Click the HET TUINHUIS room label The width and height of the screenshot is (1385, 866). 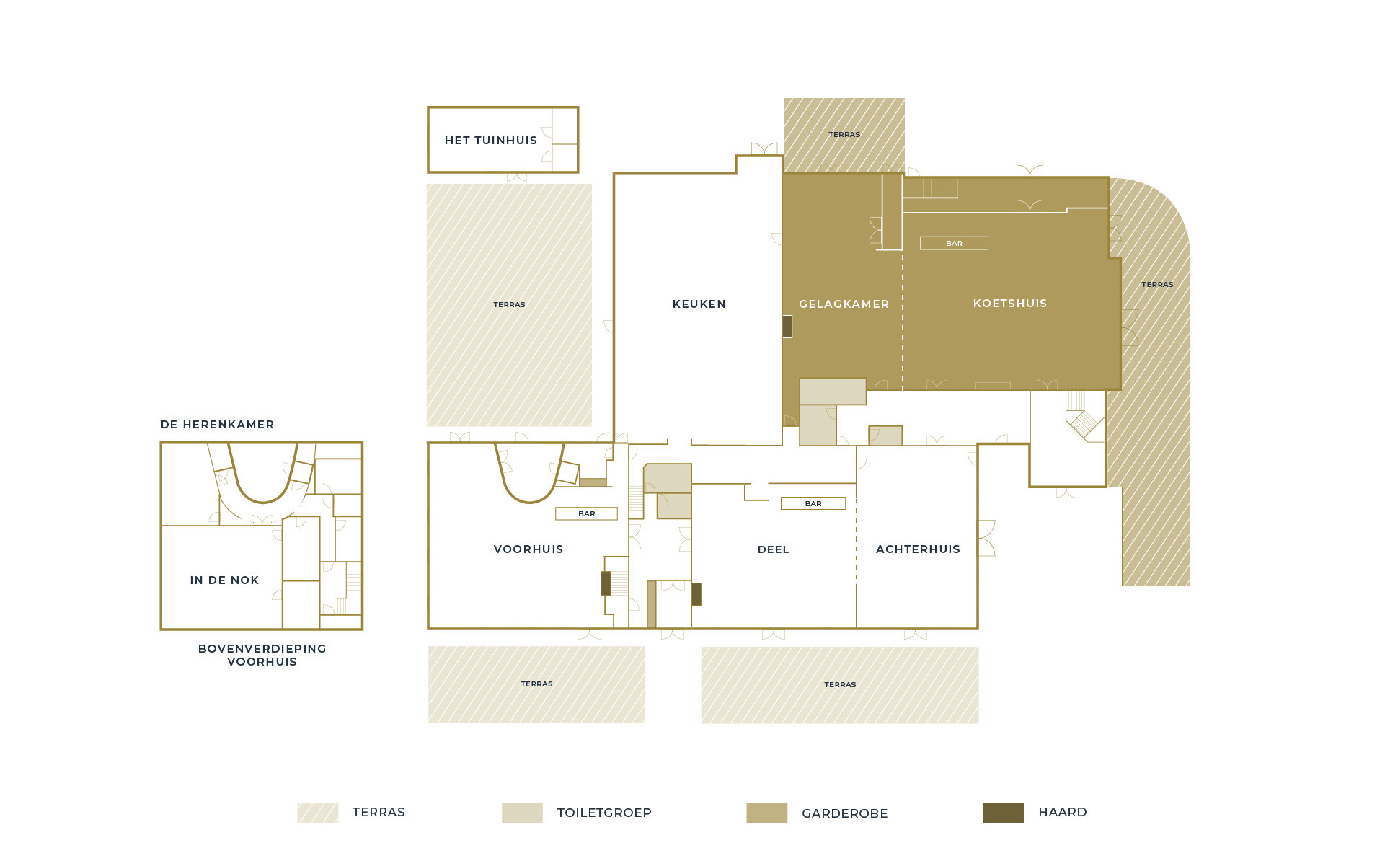click(x=491, y=141)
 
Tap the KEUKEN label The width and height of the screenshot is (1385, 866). click(x=699, y=304)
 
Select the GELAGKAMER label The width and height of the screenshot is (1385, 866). click(x=844, y=304)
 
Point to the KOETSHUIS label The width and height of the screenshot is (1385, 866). click(x=1010, y=304)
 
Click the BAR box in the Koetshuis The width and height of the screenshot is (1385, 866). click(x=954, y=244)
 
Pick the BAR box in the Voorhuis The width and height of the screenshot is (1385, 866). click(x=586, y=514)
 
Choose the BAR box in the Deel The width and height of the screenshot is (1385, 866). click(x=813, y=504)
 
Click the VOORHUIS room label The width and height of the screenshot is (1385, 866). click(x=528, y=549)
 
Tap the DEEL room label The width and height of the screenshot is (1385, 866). click(x=774, y=549)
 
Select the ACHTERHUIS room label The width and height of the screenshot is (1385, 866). click(x=918, y=549)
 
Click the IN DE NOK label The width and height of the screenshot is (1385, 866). click(x=224, y=580)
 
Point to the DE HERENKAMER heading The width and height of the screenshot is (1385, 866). click(x=217, y=425)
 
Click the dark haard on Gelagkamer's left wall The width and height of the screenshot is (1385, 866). click(x=787, y=327)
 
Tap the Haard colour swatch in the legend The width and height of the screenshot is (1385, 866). click(x=1003, y=813)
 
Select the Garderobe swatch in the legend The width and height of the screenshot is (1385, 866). click(x=766, y=813)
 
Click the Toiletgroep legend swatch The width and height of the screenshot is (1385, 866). click(x=522, y=813)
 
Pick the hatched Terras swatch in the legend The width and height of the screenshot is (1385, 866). click(x=318, y=813)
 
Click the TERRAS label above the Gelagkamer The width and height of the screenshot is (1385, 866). click(x=844, y=135)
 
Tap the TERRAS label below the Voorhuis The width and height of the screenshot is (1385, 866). click(x=536, y=684)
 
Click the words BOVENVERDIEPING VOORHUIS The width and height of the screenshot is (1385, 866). click(x=262, y=655)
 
